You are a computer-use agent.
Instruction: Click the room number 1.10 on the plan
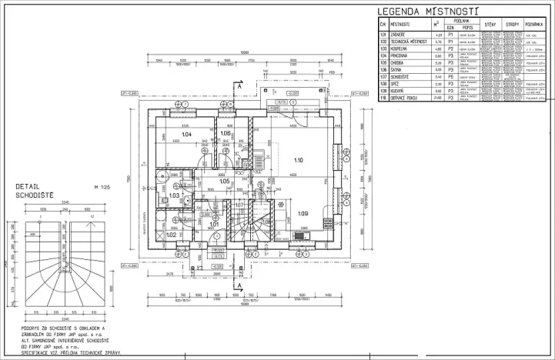click(x=299, y=159)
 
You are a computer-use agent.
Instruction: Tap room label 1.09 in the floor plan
click(x=303, y=213)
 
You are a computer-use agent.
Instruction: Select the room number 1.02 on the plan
click(x=161, y=235)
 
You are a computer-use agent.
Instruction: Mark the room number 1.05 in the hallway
click(x=224, y=181)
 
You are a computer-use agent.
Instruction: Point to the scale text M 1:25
click(x=102, y=187)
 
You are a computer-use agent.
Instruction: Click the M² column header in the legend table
click(x=438, y=25)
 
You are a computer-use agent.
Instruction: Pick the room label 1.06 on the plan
click(x=226, y=134)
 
